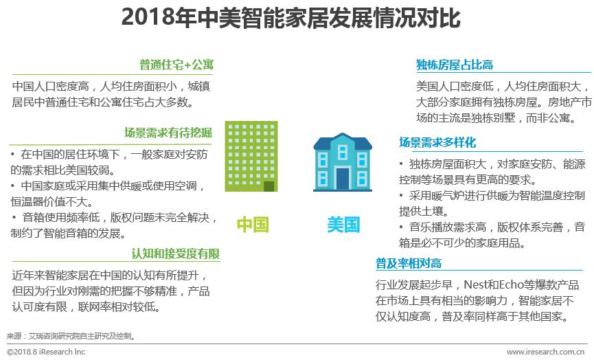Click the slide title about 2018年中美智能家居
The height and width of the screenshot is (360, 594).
(x=290, y=17)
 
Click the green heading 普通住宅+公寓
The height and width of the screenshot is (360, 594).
(x=176, y=65)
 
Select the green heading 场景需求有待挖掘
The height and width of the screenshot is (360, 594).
(x=168, y=133)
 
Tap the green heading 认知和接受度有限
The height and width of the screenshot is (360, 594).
(x=176, y=254)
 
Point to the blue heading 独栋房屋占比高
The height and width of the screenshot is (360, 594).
(x=455, y=65)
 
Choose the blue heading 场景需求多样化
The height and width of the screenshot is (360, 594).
(x=437, y=142)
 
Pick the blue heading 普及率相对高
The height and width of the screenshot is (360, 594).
(x=409, y=263)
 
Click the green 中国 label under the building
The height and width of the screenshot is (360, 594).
(x=253, y=225)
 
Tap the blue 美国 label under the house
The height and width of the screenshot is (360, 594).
(x=343, y=225)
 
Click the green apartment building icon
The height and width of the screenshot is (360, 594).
(x=251, y=156)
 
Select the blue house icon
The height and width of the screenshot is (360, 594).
(x=343, y=162)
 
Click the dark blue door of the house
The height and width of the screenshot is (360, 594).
(x=343, y=179)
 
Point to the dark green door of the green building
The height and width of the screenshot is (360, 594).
(x=269, y=186)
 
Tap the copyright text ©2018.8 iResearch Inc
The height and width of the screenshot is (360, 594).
(x=46, y=352)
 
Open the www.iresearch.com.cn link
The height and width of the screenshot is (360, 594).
(x=545, y=352)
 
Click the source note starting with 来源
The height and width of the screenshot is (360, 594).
(x=71, y=336)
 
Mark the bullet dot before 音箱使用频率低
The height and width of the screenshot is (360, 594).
(x=14, y=217)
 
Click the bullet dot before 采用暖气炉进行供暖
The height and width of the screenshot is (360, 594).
(x=401, y=196)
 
